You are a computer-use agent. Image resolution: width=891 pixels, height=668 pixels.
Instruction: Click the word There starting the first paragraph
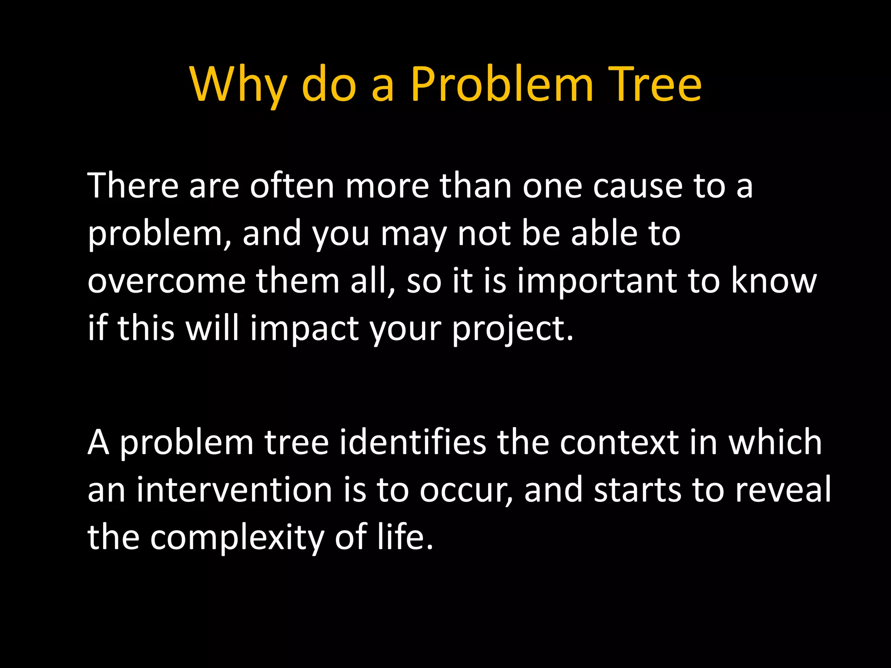pyautogui.click(x=133, y=186)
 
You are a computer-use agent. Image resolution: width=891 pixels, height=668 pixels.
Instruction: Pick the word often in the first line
pyautogui.click(x=291, y=186)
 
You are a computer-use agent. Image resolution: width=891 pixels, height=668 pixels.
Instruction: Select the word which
pyautogui.click(x=775, y=442)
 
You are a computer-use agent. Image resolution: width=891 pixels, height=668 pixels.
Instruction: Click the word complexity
pyautogui.click(x=237, y=538)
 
